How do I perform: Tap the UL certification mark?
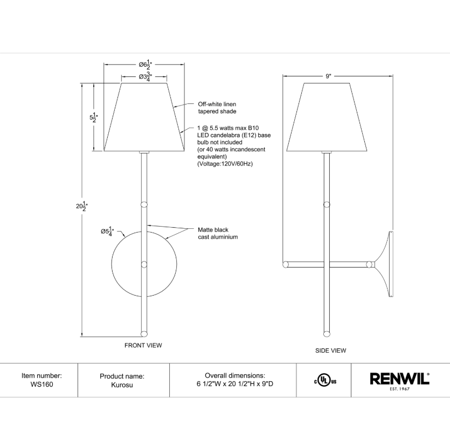tap(325, 381)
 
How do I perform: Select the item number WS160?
tap(41, 384)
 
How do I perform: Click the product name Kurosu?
tap(122, 384)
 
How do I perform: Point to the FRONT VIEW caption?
tap(143, 345)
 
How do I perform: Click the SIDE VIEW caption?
tap(330, 351)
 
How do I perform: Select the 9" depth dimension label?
tap(328, 76)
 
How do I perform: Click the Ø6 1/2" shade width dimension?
tap(145, 65)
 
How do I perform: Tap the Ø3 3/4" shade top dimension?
tap(145, 77)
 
